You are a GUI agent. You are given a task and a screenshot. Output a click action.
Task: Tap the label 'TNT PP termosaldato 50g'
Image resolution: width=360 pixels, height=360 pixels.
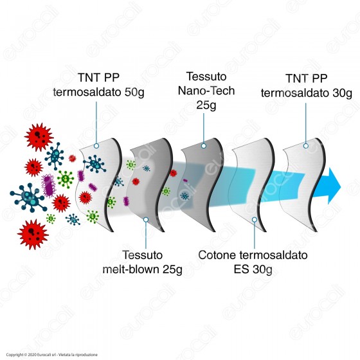pyautogui.click(x=98, y=85)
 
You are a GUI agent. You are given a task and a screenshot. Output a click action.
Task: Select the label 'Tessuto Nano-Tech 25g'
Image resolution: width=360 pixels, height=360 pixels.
pyautogui.click(x=206, y=91)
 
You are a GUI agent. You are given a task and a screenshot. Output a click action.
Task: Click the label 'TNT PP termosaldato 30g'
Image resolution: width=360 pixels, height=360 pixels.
pyautogui.click(x=306, y=86)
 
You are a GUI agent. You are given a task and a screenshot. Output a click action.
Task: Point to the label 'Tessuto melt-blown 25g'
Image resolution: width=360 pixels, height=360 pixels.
pyautogui.click(x=142, y=262)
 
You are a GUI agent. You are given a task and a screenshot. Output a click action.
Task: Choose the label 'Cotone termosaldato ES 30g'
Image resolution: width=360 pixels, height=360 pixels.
pyautogui.click(x=253, y=262)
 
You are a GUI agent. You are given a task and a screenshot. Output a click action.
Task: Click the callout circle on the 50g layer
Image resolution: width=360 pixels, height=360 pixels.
pyautogui.click(x=96, y=146)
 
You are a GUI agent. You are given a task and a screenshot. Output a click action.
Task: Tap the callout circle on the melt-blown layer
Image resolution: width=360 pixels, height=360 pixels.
pyautogui.click(x=146, y=220)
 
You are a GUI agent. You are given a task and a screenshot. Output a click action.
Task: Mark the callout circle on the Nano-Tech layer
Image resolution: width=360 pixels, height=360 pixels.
pyautogui.click(x=204, y=146)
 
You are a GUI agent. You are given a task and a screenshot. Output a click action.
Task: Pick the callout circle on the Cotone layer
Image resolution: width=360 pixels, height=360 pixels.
pyautogui.click(x=254, y=220)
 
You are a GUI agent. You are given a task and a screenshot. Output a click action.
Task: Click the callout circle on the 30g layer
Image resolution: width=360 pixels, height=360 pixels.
pyautogui.click(x=306, y=146)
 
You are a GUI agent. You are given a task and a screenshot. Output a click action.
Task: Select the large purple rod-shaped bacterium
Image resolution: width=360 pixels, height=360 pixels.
pyautogui.click(x=48, y=186)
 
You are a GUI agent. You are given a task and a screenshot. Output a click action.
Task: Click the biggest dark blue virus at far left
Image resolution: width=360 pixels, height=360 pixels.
pyautogui.click(x=28, y=197)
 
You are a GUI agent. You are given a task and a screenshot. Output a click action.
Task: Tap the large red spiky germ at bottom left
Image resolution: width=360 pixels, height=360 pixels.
pyautogui.click(x=33, y=234)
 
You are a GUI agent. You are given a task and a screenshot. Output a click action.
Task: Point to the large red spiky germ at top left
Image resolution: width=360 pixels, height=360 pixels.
pyautogui.click(x=39, y=137)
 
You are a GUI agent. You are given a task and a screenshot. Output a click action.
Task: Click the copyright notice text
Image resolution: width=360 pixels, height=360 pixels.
pyautogui.click(x=51, y=355)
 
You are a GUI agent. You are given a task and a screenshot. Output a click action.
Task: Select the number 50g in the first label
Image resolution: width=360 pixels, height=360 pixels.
pyautogui.click(x=134, y=93)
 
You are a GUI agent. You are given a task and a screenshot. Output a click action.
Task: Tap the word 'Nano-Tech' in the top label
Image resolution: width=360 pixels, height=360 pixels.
pyautogui.click(x=206, y=91)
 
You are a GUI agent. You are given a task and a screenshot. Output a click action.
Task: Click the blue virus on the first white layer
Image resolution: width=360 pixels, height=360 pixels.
pyautogui.click(x=94, y=164)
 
